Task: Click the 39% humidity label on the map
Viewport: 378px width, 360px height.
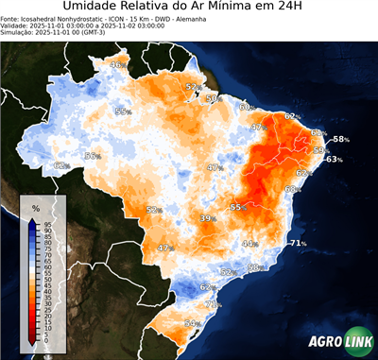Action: [207, 218]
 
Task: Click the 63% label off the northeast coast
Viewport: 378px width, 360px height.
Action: [333, 160]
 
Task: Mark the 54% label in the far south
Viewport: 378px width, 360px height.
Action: [193, 323]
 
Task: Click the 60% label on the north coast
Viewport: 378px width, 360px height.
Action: [247, 107]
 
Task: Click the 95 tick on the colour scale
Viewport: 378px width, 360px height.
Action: [47, 225]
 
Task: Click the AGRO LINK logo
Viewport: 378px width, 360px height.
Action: [339, 343]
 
